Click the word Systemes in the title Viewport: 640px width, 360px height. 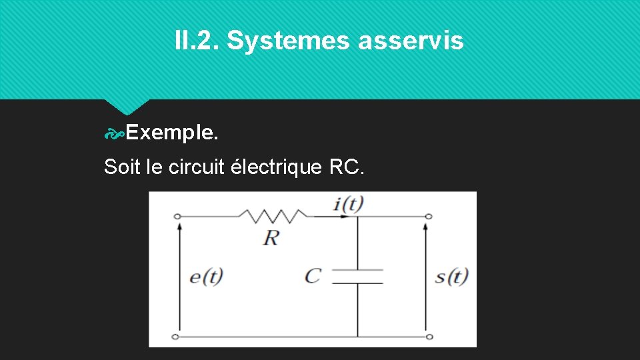(x=289, y=41)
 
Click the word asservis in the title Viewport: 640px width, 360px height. (x=411, y=41)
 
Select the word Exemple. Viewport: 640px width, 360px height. (x=171, y=133)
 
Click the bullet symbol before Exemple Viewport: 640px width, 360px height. (x=114, y=134)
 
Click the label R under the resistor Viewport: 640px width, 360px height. (x=271, y=237)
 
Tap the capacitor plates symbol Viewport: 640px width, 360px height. (x=358, y=277)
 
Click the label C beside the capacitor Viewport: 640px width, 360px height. (x=312, y=275)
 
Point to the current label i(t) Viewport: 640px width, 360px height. (x=349, y=204)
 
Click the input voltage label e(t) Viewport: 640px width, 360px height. (x=206, y=276)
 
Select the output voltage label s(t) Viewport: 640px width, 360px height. (x=451, y=276)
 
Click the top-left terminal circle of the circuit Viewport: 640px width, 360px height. (x=177, y=216)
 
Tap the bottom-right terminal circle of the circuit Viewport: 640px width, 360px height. (x=429, y=337)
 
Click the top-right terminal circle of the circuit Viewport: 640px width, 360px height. (x=429, y=216)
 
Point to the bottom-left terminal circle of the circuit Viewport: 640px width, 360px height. (x=177, y=337)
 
